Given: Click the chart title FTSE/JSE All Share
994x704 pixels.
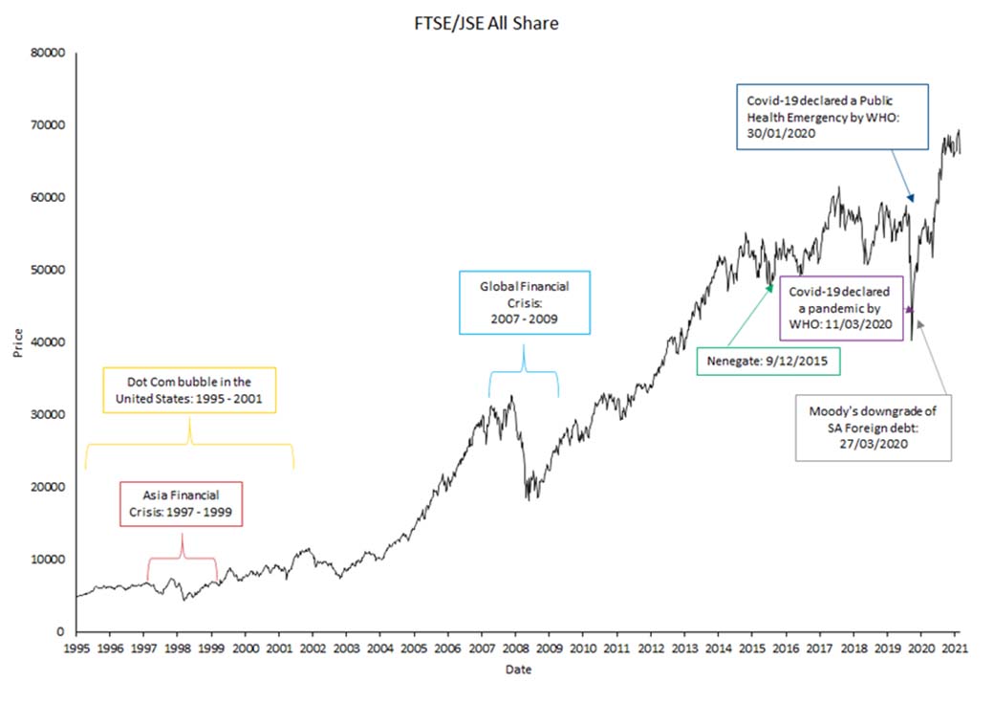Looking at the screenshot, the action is (486, 24).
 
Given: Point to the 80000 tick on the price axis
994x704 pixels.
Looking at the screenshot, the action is (48, 53).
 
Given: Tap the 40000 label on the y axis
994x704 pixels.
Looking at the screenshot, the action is (48, 341).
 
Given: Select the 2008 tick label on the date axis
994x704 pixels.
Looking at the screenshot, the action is (515, 649).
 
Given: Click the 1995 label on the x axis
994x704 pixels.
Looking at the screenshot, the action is (76, 649).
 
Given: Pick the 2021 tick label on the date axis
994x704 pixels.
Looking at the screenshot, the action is (955, 649).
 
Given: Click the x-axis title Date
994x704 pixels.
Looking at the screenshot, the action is (519, 670).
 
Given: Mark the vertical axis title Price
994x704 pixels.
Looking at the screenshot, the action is (18, 342).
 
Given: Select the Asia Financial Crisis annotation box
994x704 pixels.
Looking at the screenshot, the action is (182, 504).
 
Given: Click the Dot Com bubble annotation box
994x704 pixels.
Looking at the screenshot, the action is (189, 390).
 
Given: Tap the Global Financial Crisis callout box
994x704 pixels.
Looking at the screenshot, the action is (525, 302).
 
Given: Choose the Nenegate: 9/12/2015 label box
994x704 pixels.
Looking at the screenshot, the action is (768, 361).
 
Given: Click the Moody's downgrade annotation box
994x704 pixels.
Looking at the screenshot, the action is (874, 428).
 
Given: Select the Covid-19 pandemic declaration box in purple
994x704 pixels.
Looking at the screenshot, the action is (841, 308).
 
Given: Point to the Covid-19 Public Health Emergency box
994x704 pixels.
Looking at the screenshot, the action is (832, 117).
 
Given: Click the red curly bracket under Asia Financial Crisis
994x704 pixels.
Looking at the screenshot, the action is (182, 558).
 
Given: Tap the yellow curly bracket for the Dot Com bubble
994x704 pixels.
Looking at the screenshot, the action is (189, 444).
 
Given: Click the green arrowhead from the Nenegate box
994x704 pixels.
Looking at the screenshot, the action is (769, 289).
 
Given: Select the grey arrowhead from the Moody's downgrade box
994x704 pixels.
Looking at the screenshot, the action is (919, 324).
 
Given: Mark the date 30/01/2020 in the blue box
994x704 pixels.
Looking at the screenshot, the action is (781, 134).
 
